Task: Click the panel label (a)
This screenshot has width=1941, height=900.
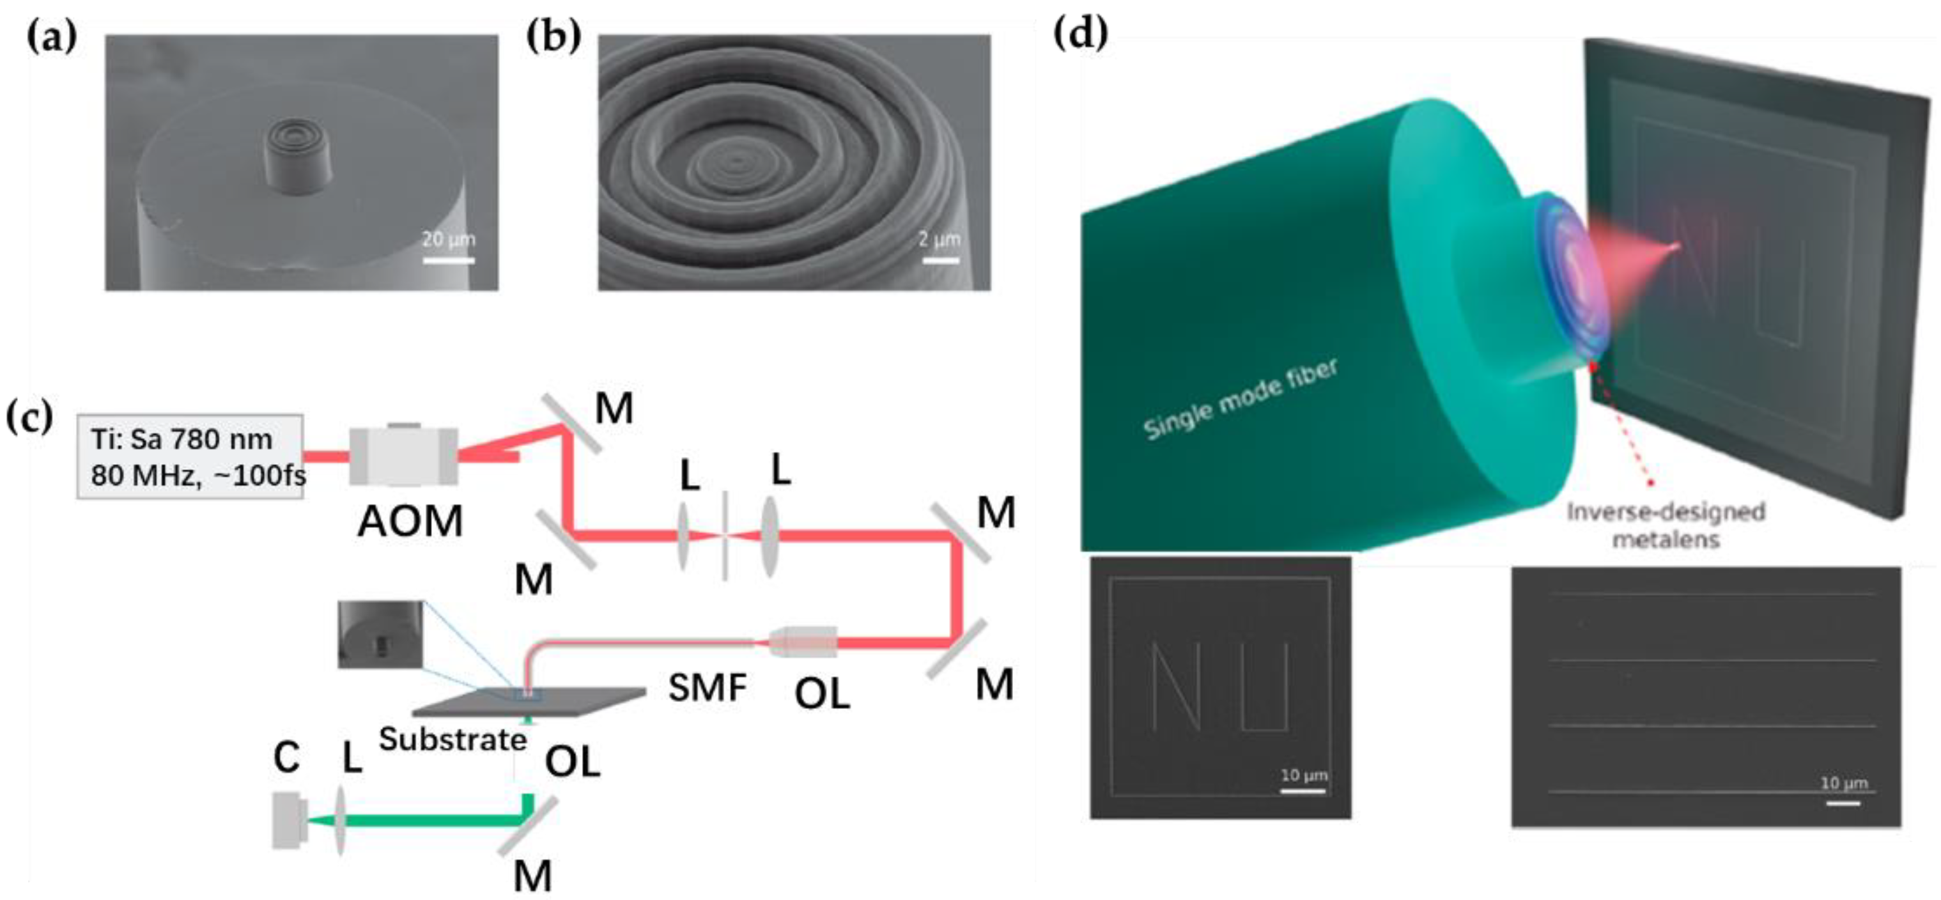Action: (x=52, y=37)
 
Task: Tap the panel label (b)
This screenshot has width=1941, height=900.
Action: (x=554, y=37)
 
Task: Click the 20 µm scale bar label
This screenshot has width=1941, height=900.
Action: (x=448, y=240)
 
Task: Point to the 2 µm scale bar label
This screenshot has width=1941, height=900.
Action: (x=940, y=240)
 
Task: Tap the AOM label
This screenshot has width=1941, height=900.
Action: (x=410, y=521)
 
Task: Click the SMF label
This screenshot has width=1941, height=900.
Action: (x=708, y=687)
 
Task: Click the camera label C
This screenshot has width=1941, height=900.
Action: (x=286, y=757)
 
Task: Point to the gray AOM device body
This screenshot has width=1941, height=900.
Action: (x=404, y=456)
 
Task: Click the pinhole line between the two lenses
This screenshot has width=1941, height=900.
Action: (x=724, y=536)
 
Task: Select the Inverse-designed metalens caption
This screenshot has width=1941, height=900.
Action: (x=1666, y=525)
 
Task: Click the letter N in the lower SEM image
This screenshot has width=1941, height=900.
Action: (x=1175, y=687)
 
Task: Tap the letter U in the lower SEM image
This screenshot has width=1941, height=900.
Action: (x=1264, y=687)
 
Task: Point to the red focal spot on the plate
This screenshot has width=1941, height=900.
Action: (x=1674, y=245)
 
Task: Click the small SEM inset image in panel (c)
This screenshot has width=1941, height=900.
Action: (x=380, y=634)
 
